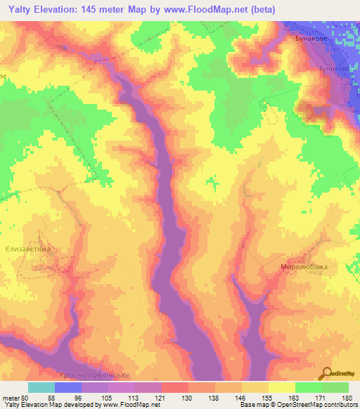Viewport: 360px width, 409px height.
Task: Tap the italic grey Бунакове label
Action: click(333, 69)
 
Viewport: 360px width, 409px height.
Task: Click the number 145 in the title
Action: click(100, 9)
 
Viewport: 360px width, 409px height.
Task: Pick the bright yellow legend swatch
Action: click(281, 387)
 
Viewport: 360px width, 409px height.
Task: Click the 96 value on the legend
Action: click(86, 397)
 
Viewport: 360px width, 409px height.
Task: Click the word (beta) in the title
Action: click(260, 9)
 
